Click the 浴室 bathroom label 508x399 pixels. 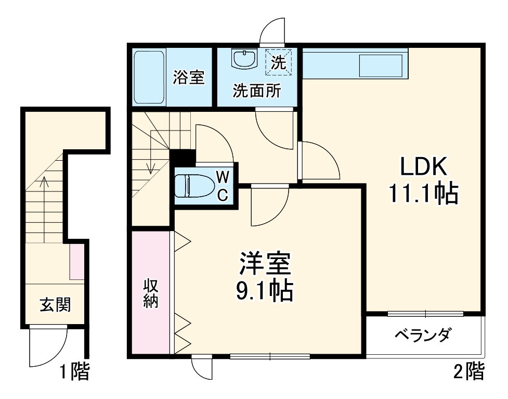(x=189, y=78)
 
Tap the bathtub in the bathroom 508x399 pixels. (x=150, y=77)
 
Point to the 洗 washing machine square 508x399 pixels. (x=279, y=62)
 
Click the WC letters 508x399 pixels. (x=222, y=186)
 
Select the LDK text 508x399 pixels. (x=423, y=168)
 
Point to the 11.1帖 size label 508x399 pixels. (x=423, y=194)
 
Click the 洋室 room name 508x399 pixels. (x=265, y=265)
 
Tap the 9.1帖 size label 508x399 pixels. (x=265, y=291)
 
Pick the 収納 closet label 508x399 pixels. (x=151, y=294)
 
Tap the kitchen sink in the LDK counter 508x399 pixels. (x=381, y=65)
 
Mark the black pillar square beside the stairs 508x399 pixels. (x=182, y=157)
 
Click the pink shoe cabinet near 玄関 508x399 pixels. (x=77, y=261)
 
